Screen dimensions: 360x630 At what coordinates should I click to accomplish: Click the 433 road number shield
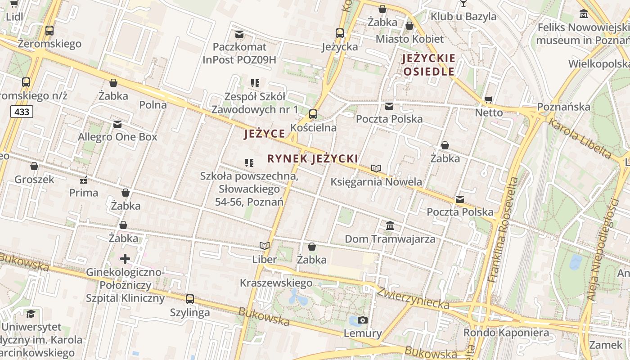[x=22, y=112]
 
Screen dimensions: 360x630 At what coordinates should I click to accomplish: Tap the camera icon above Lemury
[x=362, y=320]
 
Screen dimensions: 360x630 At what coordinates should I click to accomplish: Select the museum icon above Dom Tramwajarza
[x=390, y=225]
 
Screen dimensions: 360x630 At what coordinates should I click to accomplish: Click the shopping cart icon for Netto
[x=489, y=99]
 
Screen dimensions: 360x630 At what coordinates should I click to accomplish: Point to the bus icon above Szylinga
[x=190, y=299]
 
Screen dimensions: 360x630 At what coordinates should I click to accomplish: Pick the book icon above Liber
[x=265, y=246]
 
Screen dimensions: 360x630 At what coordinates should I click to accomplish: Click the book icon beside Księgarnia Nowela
[x=376, y=169]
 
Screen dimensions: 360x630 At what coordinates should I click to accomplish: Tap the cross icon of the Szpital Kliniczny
[x=125, y=259]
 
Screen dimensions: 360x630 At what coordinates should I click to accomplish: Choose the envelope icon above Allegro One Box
[x=117, y=124]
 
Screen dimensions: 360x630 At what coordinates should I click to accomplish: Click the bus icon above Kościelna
[x=313, y=114]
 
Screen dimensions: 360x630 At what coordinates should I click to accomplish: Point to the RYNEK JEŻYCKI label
[x=313, y=159]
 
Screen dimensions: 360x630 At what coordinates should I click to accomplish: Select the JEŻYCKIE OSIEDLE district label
[x=429, y=65]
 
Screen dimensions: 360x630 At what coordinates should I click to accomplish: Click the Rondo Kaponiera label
[x=506, y=333]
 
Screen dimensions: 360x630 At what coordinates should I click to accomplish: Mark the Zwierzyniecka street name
[x=413, y=298]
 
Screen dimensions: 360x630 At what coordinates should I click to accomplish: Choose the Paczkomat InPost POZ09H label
[x=239, y=53]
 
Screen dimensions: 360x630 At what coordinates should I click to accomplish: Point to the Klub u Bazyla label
[x=463, y=17]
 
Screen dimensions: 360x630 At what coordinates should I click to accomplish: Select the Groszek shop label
[x=34, y=180]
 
